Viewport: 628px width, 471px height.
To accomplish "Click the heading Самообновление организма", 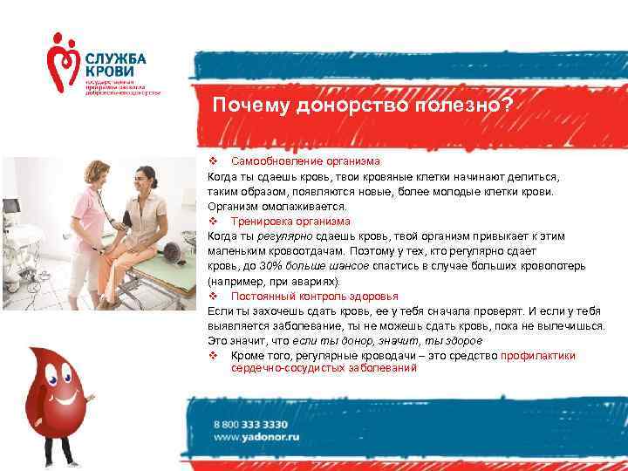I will [x=305, y=161].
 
